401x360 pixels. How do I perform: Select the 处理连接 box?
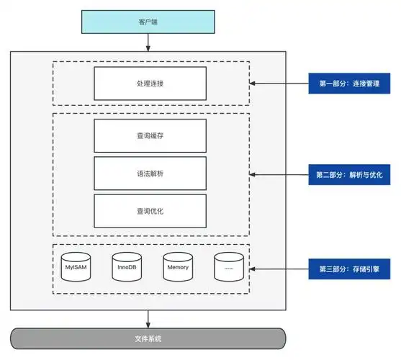click(x=150, y=84)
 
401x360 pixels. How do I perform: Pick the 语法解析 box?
click(x=150, y=174)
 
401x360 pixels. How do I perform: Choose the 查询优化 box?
click(x=150, y=211)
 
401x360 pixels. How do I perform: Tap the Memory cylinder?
click(x=177, y=266)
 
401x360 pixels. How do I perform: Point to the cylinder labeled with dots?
click(x=228, y=266)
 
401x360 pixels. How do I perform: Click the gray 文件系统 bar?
click(x=148, y=338)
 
